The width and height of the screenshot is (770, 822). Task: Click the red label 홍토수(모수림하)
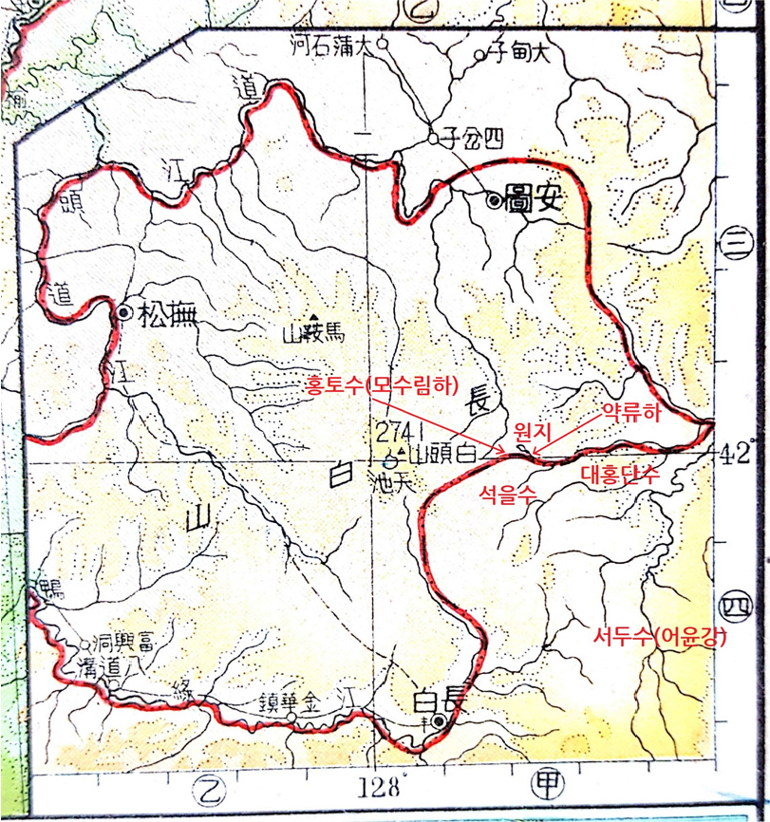tap(382, 385)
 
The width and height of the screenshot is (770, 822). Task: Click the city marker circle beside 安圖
tap(493, 200)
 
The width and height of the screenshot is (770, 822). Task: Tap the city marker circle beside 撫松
tap(123, 312)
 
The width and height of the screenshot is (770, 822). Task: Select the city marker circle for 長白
tap(438, 722)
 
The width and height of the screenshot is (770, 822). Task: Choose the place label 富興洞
tap(119, 643)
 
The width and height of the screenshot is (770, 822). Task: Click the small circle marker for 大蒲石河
tap(383, 43)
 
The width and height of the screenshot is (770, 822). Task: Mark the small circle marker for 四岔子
tap(433, 139)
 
